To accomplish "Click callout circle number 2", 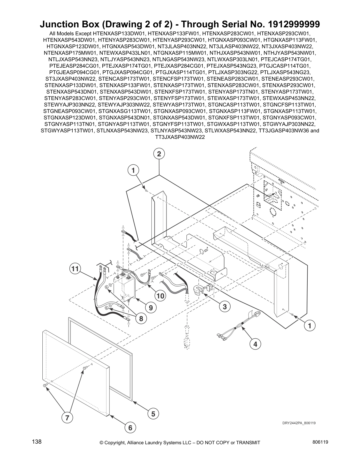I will [x=159, y=154].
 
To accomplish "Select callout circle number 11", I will [x=75, y=269].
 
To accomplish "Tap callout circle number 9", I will [x=151, y=308].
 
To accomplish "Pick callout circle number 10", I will [x=161, y=296].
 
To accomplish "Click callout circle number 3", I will [x=225, y=307].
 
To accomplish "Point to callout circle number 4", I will [x=255, y=344].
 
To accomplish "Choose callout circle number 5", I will [x=153, y=414].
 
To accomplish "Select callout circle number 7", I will [x=67, y=417].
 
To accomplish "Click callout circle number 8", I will [x=141, y=319].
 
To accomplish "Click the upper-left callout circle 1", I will [x=133, y=170].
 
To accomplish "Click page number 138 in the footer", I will [x=37, y=442].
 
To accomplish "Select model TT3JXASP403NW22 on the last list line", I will [x=180, y=137].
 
